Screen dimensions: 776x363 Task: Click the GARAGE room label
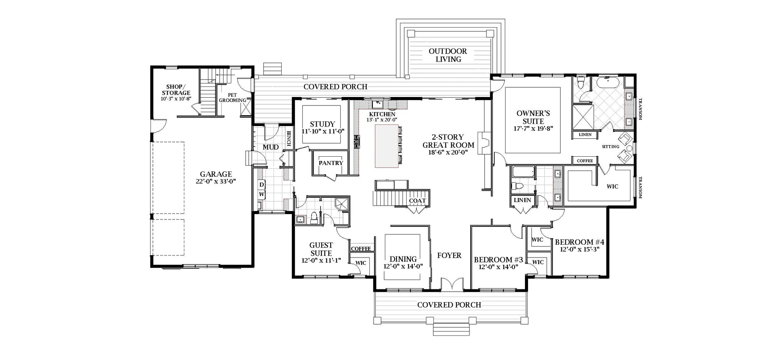[x=216, y=175]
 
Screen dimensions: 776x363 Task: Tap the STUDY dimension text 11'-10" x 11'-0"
[x=323, y=131]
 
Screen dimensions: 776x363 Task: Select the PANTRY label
[x=331, y=163]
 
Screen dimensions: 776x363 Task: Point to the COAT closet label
[x=417, y=201]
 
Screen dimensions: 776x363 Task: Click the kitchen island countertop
[x=386, y=146]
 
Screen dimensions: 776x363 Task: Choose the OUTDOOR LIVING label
[x=448, y=55]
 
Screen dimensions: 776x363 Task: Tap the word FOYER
[x=449, y=255]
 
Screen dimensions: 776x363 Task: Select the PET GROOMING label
[x=232, y=97]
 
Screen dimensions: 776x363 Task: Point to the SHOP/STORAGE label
[x=176, y=90]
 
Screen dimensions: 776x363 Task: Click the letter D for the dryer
[x=262, y=185]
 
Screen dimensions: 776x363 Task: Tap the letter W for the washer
[x=262, y=194]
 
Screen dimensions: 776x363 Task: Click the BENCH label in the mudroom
[x=289, y=138]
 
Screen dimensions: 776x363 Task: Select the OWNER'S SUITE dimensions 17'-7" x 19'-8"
[x=533, y=129]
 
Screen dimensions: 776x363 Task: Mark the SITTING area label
[x=610, y=147]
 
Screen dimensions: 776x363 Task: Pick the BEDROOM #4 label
[x=580, y=242]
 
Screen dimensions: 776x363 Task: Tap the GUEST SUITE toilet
[x=314, y=219]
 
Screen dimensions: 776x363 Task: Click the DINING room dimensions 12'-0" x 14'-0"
[x=403, y=266]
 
